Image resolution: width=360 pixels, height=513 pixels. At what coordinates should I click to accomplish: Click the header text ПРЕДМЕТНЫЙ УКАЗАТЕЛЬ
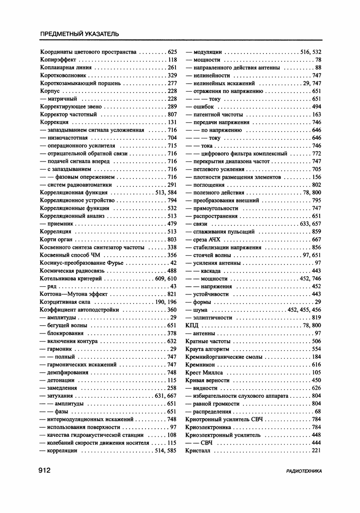click(79, 34)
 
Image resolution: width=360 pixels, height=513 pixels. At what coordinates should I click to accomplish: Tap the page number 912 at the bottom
click(47, 470)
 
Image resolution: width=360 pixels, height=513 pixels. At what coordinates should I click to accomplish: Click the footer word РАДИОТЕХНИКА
click(304, 471)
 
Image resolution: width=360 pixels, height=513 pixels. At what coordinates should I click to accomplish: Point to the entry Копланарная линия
click(65, 68)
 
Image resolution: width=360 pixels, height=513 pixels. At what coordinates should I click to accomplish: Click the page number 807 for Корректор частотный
click(172, 115)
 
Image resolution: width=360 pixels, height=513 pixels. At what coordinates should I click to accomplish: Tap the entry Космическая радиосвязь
click(72, 271)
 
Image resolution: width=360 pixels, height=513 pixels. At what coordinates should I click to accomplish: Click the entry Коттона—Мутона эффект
click(73, 294)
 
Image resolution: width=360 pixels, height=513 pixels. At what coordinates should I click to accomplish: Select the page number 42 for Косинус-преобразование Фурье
click(173, 263)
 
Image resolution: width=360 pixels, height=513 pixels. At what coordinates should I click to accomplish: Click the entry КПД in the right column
click(192, 326)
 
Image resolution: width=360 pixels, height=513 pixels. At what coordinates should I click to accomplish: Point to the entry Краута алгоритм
click(207, 349)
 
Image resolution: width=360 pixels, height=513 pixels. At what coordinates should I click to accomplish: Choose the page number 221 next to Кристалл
click(316, 451)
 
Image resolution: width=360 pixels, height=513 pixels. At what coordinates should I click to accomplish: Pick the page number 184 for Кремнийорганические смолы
click(316, 357)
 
